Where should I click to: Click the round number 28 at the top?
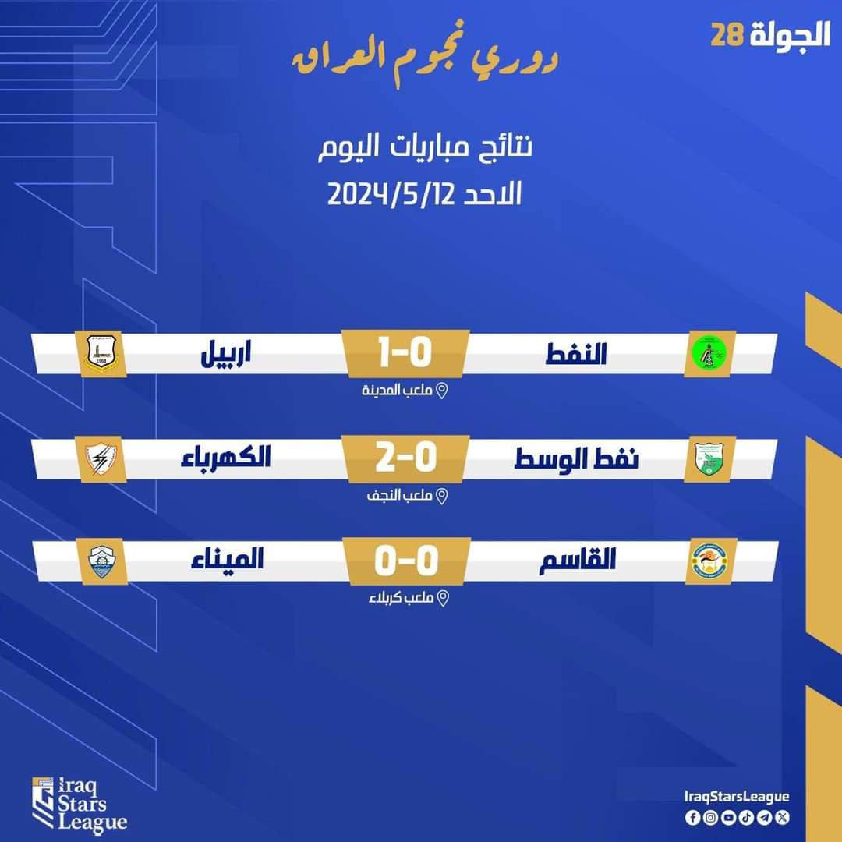click(727, 35)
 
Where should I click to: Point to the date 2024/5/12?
click(391, 194)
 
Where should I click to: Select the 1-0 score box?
click(406, 353)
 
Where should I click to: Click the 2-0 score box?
click(406, 458)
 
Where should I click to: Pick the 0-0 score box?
click(406, 561)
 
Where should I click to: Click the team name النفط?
click(576, 354)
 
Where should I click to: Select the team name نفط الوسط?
click(577, 459)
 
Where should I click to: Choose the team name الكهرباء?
click(225, 458)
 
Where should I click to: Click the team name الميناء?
click(227, 559)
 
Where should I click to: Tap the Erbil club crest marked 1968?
click(101, 353)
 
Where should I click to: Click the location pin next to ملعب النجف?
click(441, 496)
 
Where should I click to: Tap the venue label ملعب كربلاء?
click(401, 598)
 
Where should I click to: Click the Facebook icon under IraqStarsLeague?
click(692, 817)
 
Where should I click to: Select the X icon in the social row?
click(783, 817)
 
